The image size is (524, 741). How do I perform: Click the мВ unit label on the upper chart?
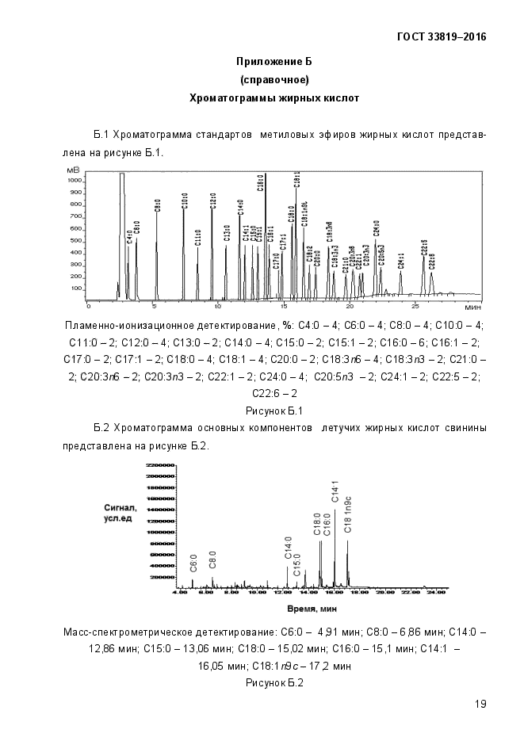74,170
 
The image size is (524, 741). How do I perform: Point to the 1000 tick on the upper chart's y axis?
75,181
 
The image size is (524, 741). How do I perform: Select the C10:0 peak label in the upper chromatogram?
185,199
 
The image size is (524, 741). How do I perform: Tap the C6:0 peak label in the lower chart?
193,563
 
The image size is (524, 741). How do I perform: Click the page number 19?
480,704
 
